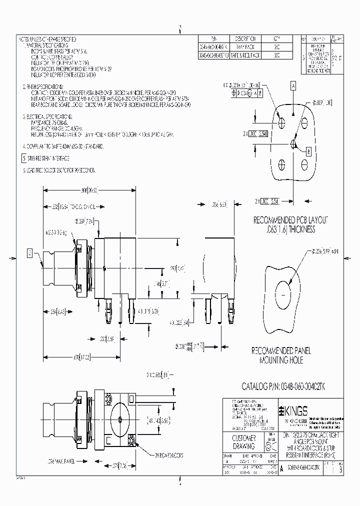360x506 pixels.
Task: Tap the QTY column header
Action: [x=277, y=38]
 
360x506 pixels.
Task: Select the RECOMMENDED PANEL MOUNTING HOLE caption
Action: [x=283, y=355]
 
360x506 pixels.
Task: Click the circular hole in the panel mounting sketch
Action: [x=284, y=291]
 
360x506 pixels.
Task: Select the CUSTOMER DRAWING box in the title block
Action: [x=244, y=442]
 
